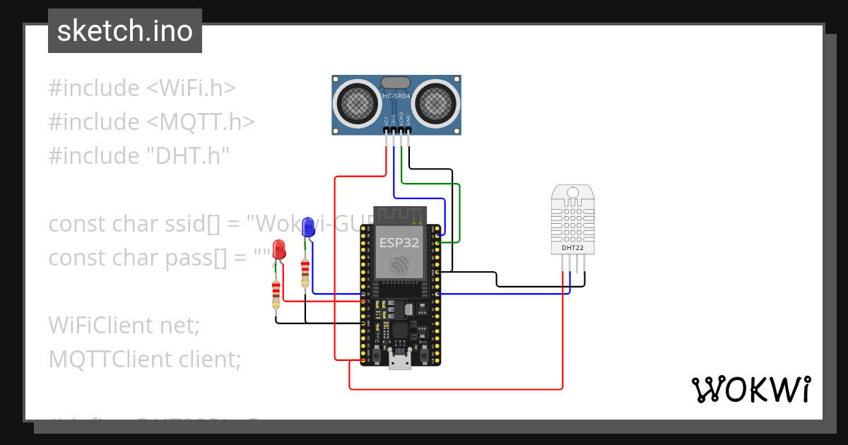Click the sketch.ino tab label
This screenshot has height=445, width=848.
pyautogui.click(x=124, y=31)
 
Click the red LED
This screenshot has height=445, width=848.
pyautogui.click(x=280, y=249)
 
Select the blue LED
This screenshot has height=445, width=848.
pyautogui.click(x=307, y=227)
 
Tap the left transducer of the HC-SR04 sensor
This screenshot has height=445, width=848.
pyautogui.click(x=357, y=103)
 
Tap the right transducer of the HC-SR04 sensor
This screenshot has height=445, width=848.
pyautogui.click(x=436, y=103)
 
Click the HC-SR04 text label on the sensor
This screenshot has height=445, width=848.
pyautogui.click(x=396, y=95)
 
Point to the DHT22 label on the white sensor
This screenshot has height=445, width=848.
pyautogui.click(x=572, y=248)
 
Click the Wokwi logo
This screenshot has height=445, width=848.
pyautogui.click(x=750, y=389)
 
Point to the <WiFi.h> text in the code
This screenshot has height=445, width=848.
pyautogui.click(x=191, y=88)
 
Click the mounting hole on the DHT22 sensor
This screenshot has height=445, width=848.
pyautogui.click(x=572, y=192)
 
